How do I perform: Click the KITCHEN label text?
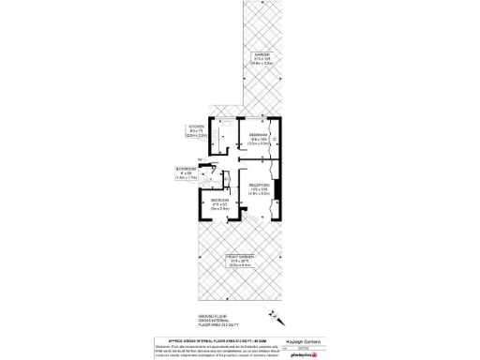coord(197,126)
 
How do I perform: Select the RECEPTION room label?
coord(260,186)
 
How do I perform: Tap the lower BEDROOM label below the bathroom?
coord(219,202)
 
